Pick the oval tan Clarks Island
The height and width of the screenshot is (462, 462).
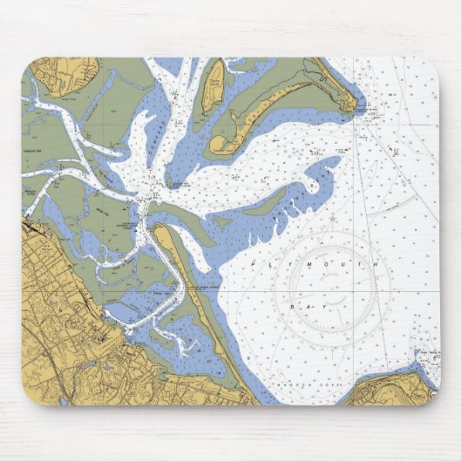pyautogui.click(x=212, y=85)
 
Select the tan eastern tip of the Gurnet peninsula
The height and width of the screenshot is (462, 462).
pyautogui.click(x=347, y=103)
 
